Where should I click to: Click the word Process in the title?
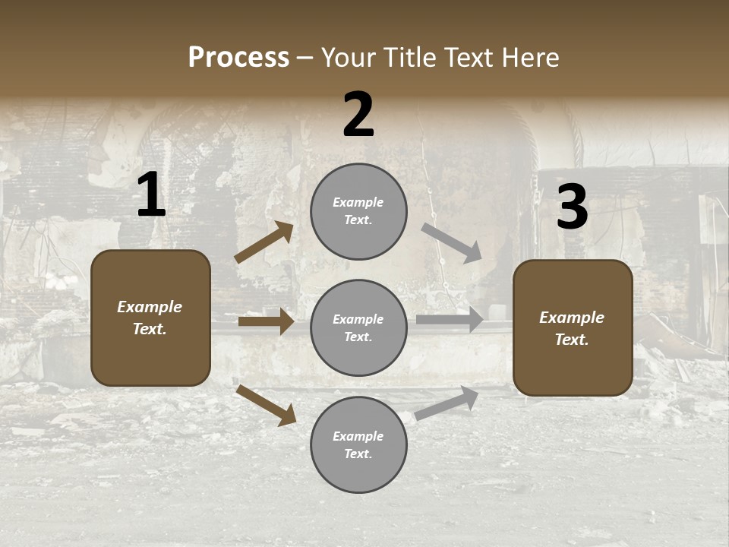pyautogui.click(x=238, y=57)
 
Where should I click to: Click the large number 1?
pyautogui.click(x=151, y=195)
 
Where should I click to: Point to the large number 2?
pyautogui.click(x=358, y=115)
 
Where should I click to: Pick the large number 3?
pyautogui.click(x=572, y=207)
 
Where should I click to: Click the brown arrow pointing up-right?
pyautogui.click(x=264, y=242)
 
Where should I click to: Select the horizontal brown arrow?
pyautogui.click(x=266, y=321)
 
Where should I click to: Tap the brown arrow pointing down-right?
pyautogui.click(x=266, y=405)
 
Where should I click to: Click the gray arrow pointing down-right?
pyautogui.click(x=452, y=243)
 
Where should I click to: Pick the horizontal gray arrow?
pyautogui.click(x=450, y=319)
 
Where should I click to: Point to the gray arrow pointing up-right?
pyautogui.click(x=447, y=403)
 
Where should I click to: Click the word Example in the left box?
pyautogui.click(x=150, y=307)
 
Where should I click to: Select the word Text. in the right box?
pyautogui.click(x=572, y=340)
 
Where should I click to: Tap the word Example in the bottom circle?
pyautogui.click(x=358, y=436)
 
